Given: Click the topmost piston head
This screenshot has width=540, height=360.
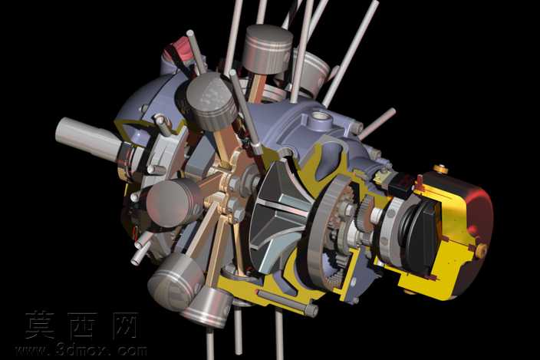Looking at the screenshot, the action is coord(268,48).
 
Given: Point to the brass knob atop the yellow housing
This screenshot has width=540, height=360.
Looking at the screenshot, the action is coord(441,169).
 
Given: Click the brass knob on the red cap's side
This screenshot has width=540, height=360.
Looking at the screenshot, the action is coord(482,250).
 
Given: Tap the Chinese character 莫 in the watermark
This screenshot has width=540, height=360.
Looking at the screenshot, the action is coord(41,324).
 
